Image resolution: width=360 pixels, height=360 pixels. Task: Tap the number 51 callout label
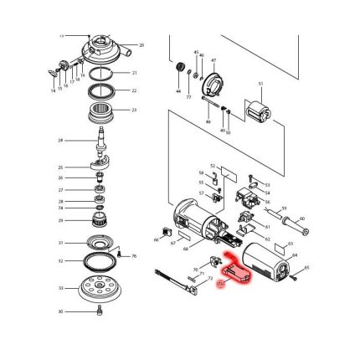tap(260, 85)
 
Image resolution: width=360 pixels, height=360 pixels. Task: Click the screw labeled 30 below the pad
tap(101, 311)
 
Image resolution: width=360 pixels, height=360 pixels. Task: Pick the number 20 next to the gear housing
tap(141, 44)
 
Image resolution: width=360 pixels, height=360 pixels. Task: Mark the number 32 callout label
tap(60, 261)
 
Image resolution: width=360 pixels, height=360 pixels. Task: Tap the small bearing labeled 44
tap(177, 67)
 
